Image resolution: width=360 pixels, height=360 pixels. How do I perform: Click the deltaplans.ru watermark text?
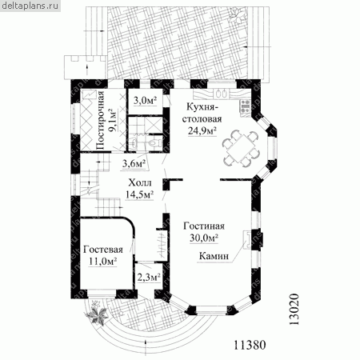pyautogui.click(x=30, y=6)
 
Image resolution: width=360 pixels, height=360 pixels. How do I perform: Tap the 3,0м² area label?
pyautogui.click(x=145, y=101)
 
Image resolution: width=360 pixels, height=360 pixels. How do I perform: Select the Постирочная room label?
pyautogui.click(x=100, y=122)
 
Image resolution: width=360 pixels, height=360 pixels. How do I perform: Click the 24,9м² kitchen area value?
pyautogui.click(x=202, y=130)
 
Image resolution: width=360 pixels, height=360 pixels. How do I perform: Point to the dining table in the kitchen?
pyautogui.click(x=241, y=147)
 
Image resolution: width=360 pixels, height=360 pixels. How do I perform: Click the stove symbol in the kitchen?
pyautogui.click(x=245, y=106)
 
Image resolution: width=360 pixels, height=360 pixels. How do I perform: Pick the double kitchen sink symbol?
pyautogui.click(x=222, y=94)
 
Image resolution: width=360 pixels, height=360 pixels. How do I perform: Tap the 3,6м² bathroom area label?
pyautogui.click(x=134, y=163)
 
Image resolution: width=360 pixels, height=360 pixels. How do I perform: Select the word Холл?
pyautogui.click(x=140, y=183)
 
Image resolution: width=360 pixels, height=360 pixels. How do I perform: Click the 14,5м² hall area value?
pyautogui.click(x=139, y=194)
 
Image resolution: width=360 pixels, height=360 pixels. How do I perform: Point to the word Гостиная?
pyautogui.click(x=204, y=226)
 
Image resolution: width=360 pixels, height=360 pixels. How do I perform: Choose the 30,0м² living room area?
pyautogui.click(x=204, y=238)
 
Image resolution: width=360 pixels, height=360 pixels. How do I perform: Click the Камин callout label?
pyautogui.click(x=214, y=256)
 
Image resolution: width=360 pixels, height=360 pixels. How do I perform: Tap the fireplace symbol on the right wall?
pyautogui.click(x=246, y=239)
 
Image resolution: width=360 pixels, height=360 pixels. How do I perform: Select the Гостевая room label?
pyautogui.click(x=103, y=250)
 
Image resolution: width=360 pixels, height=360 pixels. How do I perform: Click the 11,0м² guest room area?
pyautogui.click(x=103, y=262)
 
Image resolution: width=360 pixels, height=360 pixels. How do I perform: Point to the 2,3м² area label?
pyautogui.click(x=149, y=278)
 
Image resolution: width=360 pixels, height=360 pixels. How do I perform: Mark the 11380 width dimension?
pyautogui.click(x=250, y=345)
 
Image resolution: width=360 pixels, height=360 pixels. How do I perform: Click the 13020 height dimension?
pyautogui.click(x=294, y=310)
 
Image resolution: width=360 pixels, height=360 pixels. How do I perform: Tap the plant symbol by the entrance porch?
pyautogui.click(x=97, y=314)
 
